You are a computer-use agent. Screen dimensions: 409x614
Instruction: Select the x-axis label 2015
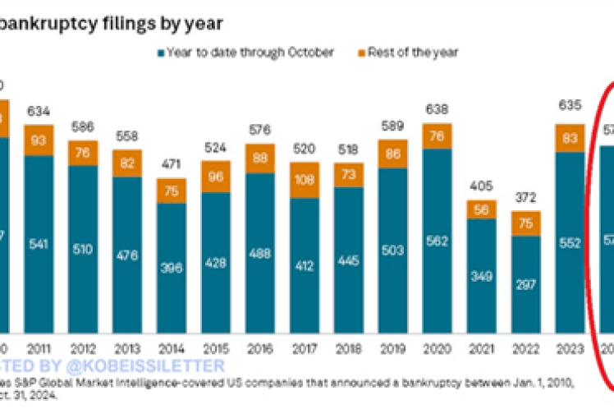click(217, 348)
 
